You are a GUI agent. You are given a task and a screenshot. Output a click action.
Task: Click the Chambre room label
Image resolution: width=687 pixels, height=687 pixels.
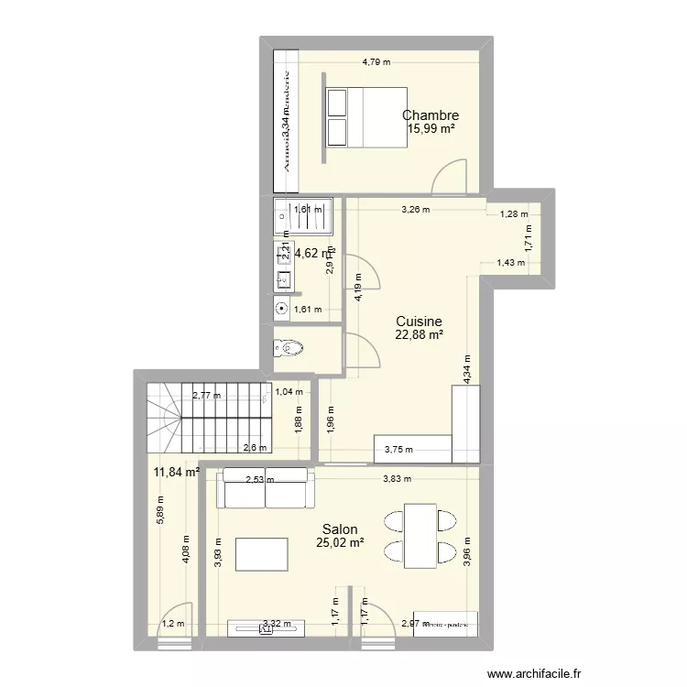tap(431, 115)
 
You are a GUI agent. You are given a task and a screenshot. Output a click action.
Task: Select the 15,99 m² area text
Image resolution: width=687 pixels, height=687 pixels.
tap(431, 129)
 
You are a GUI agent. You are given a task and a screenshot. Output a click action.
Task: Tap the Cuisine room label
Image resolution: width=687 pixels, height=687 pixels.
tap(419, 322)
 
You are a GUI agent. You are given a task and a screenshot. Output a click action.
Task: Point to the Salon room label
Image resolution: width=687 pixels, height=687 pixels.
tap(339, 529)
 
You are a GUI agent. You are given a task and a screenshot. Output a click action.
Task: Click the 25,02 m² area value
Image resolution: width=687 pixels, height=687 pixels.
tap(340, 543)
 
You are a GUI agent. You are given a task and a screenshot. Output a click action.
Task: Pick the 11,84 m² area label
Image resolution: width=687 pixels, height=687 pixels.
tap(177, 473)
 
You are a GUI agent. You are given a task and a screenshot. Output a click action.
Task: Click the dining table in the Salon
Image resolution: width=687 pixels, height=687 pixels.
tap(420, 533)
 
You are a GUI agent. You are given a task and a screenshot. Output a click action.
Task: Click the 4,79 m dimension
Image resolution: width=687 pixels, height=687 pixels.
tap(376, 62)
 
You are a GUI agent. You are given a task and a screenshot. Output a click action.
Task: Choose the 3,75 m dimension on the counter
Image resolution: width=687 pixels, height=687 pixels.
tap(398, 450)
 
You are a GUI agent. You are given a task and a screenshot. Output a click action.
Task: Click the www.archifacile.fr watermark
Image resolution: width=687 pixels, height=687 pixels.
tap(534, 673)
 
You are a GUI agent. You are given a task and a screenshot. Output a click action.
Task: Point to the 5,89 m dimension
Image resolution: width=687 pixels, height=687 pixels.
tap(160, 516)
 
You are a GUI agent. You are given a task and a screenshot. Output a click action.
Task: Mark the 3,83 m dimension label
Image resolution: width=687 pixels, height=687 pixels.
tap(396, 478)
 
